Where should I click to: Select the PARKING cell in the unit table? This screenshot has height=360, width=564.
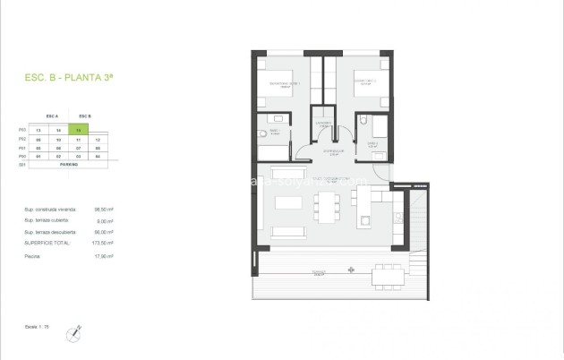[69, 165]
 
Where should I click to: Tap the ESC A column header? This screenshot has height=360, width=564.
[52, 116]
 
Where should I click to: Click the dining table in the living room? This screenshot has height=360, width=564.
[327, 208]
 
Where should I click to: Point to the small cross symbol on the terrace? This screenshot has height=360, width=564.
[350, 270]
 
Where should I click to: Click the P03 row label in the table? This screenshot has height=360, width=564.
[22, 131]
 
